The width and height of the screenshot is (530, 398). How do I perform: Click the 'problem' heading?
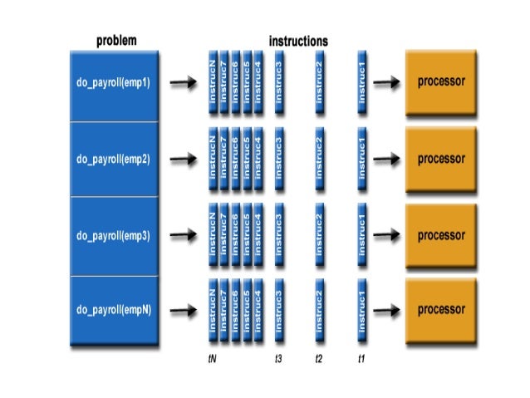point(115,40)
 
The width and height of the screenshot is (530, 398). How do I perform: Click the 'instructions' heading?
point(297,40)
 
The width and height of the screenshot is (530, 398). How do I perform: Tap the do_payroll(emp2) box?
point(114,158)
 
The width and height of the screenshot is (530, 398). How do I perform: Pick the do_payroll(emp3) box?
point(114,235)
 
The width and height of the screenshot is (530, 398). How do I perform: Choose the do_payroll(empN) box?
point(114,311)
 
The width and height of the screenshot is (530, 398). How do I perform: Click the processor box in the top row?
point(441,82)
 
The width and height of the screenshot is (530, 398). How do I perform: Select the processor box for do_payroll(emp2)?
point(441,158)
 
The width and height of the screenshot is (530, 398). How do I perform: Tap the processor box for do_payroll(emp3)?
point(441,234)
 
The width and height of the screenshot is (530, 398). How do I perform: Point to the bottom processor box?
point(441,311)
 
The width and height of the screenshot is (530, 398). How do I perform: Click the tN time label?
point(213,360)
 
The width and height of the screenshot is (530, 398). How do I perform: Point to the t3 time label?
point(279,360)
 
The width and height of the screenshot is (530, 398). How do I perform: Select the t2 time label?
point(319,360)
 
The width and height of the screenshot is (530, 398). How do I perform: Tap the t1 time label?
point(361,360)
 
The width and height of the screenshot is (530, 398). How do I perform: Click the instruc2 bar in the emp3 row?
point(319,234)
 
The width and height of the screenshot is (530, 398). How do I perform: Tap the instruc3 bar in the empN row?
point(279,311)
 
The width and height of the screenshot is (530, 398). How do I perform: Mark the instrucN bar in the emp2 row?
point(213,158)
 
